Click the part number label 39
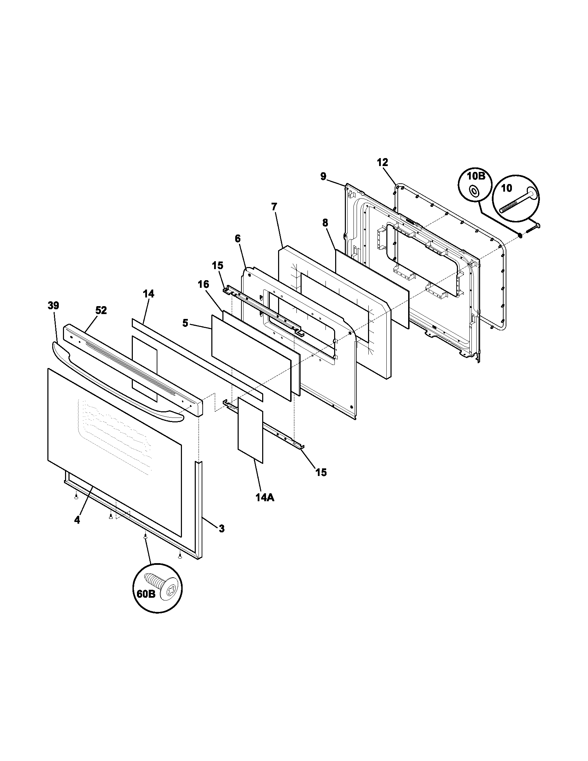[53, 305]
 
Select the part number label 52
[101, 311]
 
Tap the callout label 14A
[265, 498]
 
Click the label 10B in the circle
[476, 176]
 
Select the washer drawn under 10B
[474, 191]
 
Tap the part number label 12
[382, 162]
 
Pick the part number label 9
[323, 177]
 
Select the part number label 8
[325, 223]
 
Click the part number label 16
[203, 284]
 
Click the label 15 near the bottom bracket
[321, 472]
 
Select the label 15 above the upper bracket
[218, 265]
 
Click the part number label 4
[77, 530]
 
